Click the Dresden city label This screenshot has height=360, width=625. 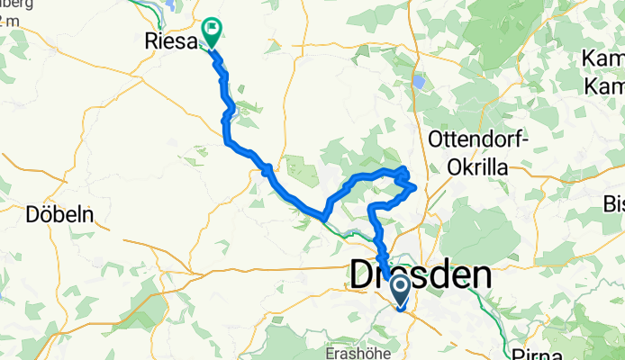tap(421, 276)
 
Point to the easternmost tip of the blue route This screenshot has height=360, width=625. tap(415, 187)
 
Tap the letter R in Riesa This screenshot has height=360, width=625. tap(150, 40)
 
